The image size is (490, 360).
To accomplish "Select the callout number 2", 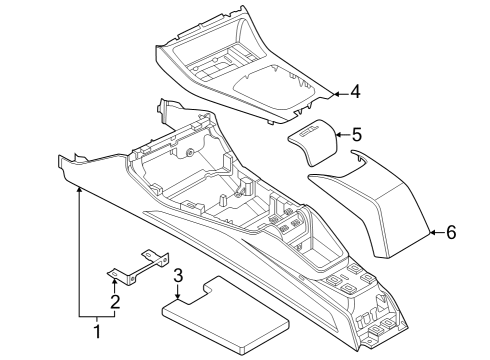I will pos(115,302).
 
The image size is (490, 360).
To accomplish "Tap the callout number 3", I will pos(177,276).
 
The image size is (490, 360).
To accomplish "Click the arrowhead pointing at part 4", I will pos(335,93).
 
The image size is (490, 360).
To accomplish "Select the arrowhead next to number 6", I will pos(432,232).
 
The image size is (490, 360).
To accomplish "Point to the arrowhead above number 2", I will pos(115,282).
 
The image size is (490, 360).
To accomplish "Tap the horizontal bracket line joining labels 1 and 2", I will pos(97,316).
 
